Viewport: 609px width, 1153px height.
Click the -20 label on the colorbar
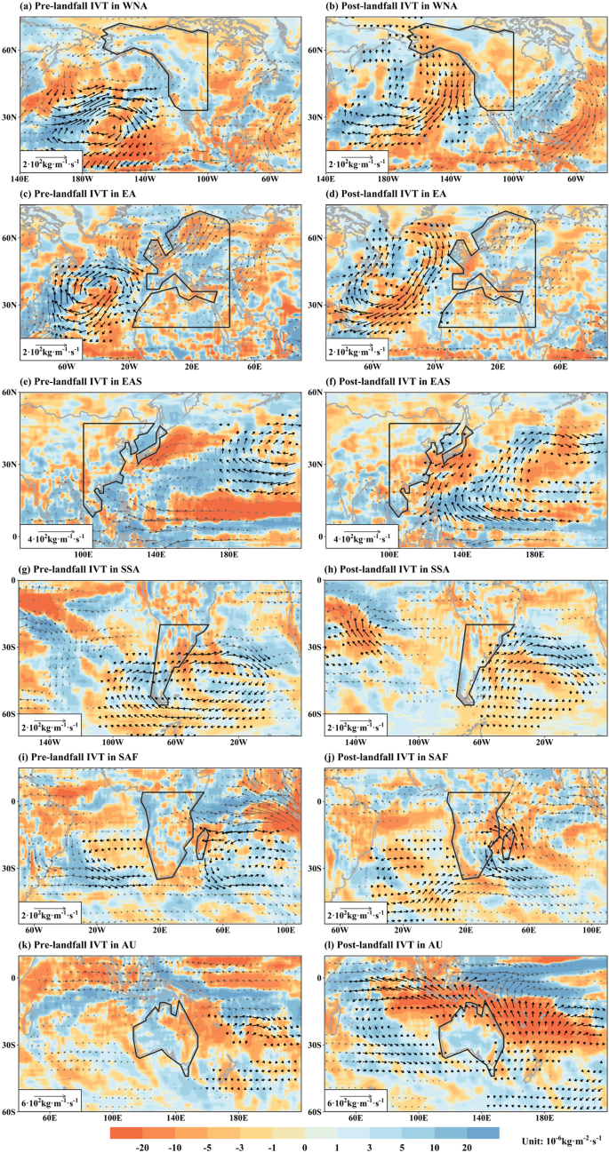pos(141,1146)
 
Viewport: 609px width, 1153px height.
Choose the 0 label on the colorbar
pos(304,1146)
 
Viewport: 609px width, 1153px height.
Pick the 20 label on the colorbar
pos(468,1146)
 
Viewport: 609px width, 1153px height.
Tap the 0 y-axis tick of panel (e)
pos(14,537)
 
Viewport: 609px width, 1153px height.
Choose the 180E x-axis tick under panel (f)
pos(533,554)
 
